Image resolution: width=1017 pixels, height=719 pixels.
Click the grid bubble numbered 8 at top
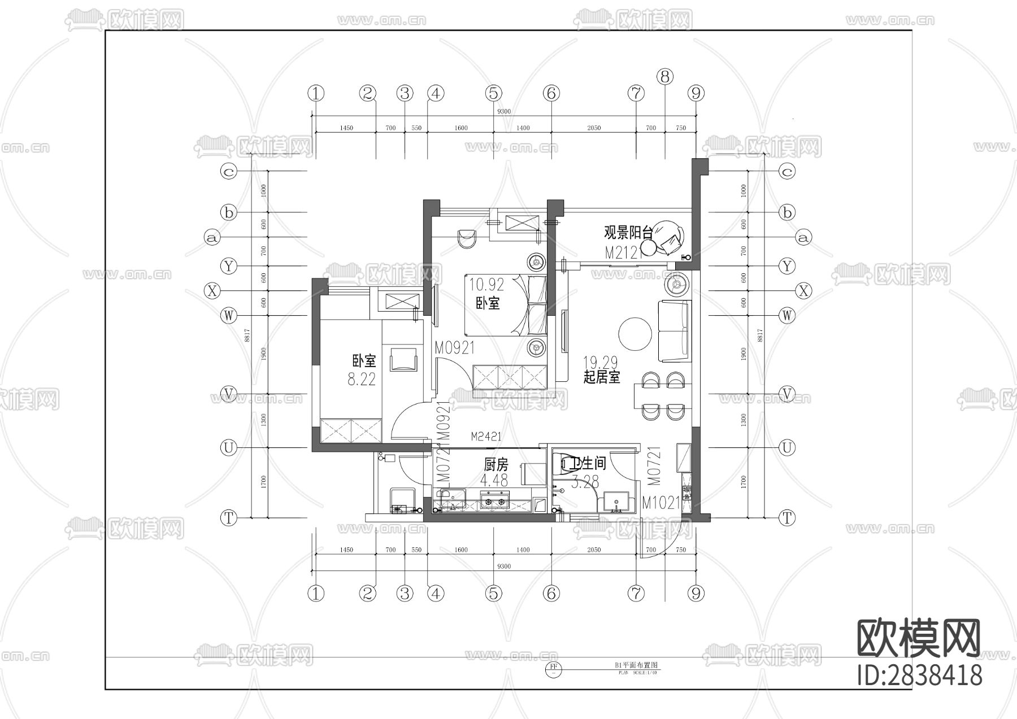[665, 76]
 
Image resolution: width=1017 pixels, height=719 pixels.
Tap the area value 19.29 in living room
[600, 363]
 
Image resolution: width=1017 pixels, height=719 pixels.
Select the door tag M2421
[486, 437]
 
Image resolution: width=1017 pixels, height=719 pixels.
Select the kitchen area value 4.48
[494, 481]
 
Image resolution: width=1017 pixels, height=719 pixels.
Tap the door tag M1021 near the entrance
[661, 503]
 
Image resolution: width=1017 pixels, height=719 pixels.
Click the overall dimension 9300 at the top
[503, 111]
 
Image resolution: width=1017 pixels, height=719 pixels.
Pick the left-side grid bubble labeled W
[228, 315]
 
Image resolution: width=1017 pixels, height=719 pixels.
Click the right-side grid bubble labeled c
[786, 171]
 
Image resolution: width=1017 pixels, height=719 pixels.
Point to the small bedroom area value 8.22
[362, 380]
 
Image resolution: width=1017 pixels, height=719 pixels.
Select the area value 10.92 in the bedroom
[486, 284]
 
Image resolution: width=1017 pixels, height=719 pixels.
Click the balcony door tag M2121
[624, 253]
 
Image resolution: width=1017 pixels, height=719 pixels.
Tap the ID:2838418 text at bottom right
[919, 676]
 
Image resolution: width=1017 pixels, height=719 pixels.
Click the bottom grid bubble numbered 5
[493, 594]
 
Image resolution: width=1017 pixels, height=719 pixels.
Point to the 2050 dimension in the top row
[594, 128]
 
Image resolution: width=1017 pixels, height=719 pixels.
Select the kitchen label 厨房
[496, 465]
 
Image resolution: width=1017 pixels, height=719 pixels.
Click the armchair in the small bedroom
[403, 359]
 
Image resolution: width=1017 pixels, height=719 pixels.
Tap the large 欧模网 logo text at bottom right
[919, 638]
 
